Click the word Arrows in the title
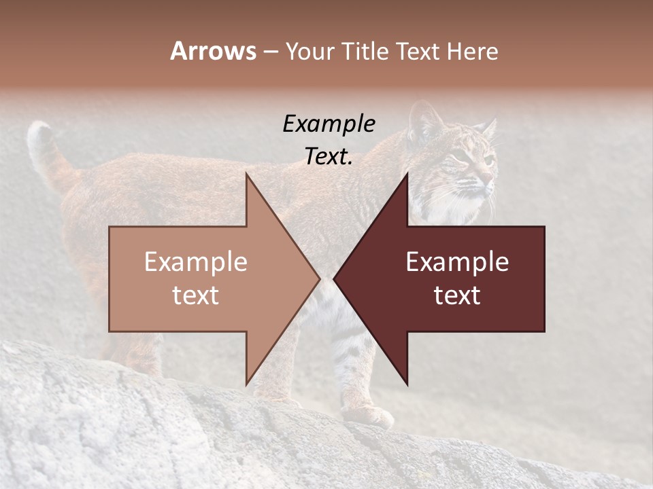click(213, 51)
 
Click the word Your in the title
click(310, 52)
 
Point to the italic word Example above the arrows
click(329, 124)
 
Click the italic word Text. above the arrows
click(329, 156)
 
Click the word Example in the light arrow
click(195, 262)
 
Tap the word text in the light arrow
click(195, 295)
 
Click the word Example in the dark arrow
click(457, 262)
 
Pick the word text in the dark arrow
click(457, 295)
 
